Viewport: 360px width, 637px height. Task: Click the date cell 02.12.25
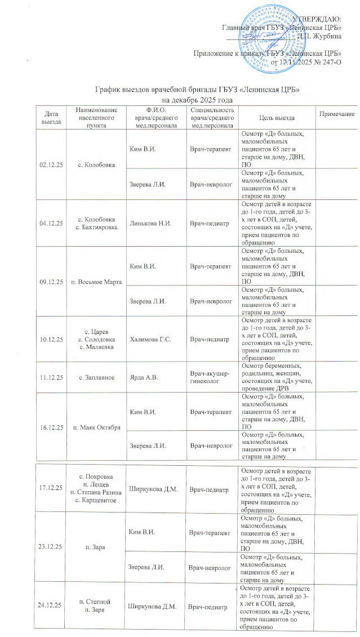(x=49, y=164)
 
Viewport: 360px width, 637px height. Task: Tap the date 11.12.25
(x=49, y=375)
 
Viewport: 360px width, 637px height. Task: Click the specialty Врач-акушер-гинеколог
(x=209, y=375)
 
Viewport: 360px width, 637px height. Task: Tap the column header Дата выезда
(x=49, y=117)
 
